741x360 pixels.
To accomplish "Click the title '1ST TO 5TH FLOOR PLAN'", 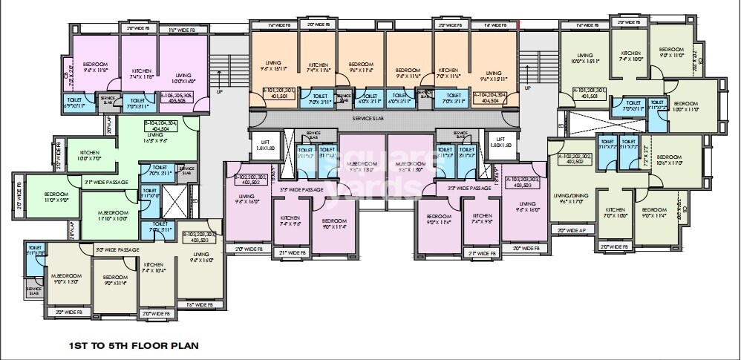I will [x=132, y=345].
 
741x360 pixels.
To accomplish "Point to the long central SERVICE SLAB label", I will [x=383, y=118].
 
